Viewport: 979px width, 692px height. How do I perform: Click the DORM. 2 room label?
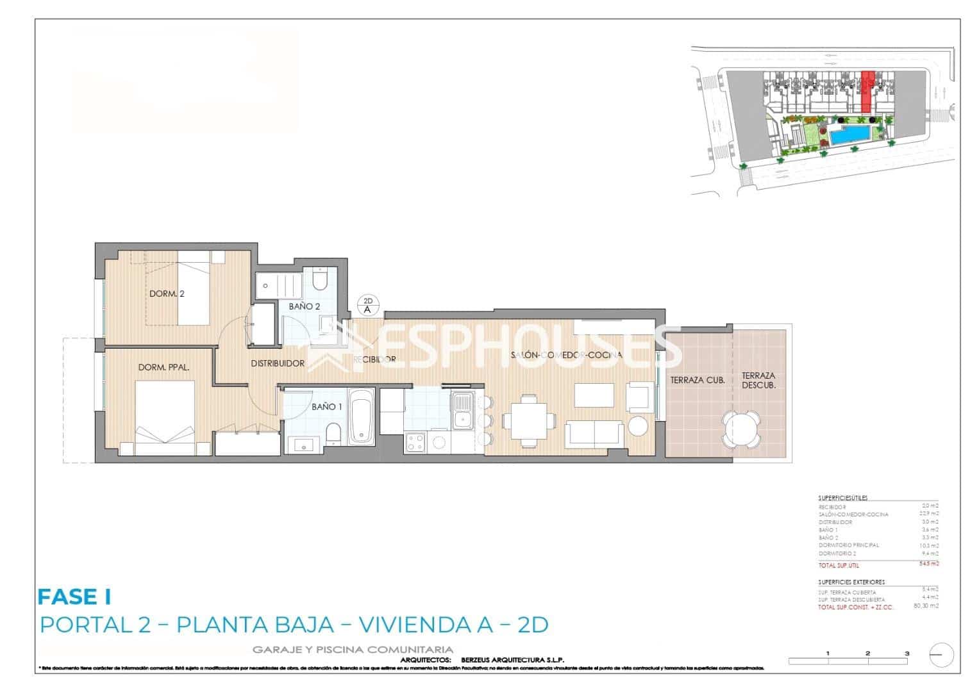click(167, 294)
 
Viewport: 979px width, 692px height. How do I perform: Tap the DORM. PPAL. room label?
click(163, 368)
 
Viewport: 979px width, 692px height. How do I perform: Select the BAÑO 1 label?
click(327, 406)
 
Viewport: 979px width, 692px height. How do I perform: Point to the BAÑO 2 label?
click(304, 306)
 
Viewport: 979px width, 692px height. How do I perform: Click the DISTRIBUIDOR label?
click(277, 363)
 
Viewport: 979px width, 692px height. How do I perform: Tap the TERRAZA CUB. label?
click(698, 380)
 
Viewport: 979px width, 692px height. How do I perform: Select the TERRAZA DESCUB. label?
click(758, 381)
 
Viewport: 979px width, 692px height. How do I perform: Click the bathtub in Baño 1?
click(362, 417)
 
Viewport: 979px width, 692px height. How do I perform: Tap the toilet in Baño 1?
click(333, 434)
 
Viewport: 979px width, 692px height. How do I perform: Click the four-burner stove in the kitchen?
click(415, 441)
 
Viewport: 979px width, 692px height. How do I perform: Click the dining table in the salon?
click(529, 420)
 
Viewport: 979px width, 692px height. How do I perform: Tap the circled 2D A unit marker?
click(368, 305)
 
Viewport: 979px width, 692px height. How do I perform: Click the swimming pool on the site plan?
click(850, 135)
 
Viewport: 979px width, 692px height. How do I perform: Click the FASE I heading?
click(74, 597)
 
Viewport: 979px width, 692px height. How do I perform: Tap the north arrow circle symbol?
click(941, 654)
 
